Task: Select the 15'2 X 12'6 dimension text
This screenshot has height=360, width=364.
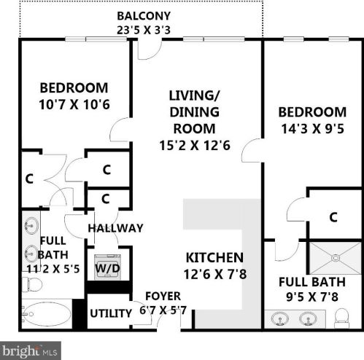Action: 194,145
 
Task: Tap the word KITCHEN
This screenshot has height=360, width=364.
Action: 214,257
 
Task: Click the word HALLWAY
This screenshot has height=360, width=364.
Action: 115,228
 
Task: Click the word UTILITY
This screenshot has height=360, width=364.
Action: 110,313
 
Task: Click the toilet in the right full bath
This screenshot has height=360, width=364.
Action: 341,317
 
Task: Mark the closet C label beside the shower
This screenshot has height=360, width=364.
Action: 333,216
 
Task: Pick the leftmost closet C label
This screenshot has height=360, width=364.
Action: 30,178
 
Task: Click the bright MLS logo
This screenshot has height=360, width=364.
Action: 29,351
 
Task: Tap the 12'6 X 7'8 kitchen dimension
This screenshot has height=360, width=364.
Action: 214,275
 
